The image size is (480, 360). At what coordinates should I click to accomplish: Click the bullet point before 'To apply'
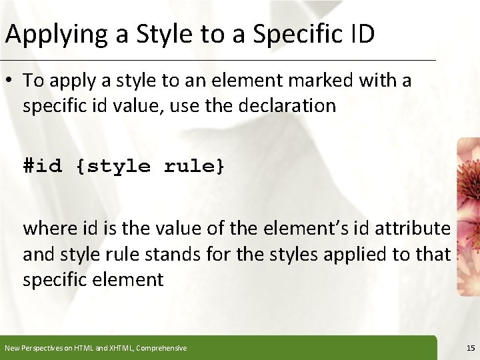point(9,81)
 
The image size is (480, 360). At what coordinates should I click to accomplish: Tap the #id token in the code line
point(43,165)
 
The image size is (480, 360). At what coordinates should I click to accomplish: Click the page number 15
point(471,348)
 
